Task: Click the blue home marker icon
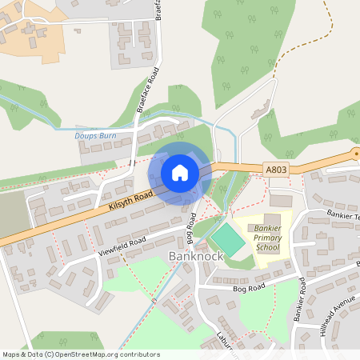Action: pos(180,172)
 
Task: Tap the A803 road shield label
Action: pos(276,169)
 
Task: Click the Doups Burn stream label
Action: pos(96,137)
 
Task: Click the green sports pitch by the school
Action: pos(228,239)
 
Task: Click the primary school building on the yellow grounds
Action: pos(272,219)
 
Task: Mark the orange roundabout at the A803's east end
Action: pos(356,154)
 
